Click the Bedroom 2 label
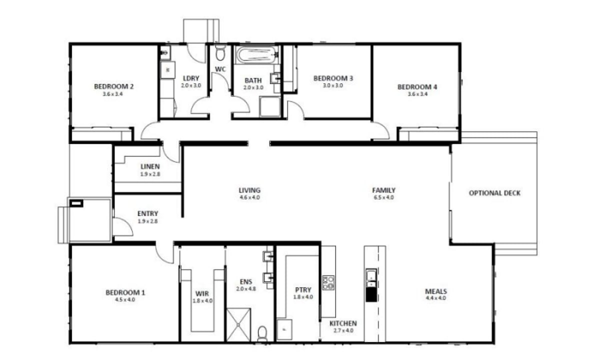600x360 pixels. pyautogui.click(x=113, y=86)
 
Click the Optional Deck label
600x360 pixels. pyautogui.click(x=494, y=193)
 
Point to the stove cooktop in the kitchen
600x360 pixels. pyautogui.click(x=328, y=282)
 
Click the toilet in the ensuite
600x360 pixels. pyautogui.click(x=262, y=333)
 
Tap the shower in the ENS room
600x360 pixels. pyautogui.click(x=240, y=325)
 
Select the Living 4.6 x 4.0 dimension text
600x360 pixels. pyautogui.click(x=249, y=197)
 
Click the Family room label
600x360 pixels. pyautogui.click(x=383, y=190)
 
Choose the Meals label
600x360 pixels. pyautogui.click(x=435, y=291)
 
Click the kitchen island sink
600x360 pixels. pyautogui.click(x=371, y=275)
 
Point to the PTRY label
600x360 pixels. pyautogui.click(x=303, y=289)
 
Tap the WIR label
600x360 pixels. pyautogui.click(x=202, y=294)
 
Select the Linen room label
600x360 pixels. pyautogui.click(x=150, y=166)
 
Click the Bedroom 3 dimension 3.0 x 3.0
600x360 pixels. pyautogui.click(x=333, y=85)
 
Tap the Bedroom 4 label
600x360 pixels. pyautogui.click(x=417, y=86)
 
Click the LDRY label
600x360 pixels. pyautogui.click(x=191, y=78)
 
